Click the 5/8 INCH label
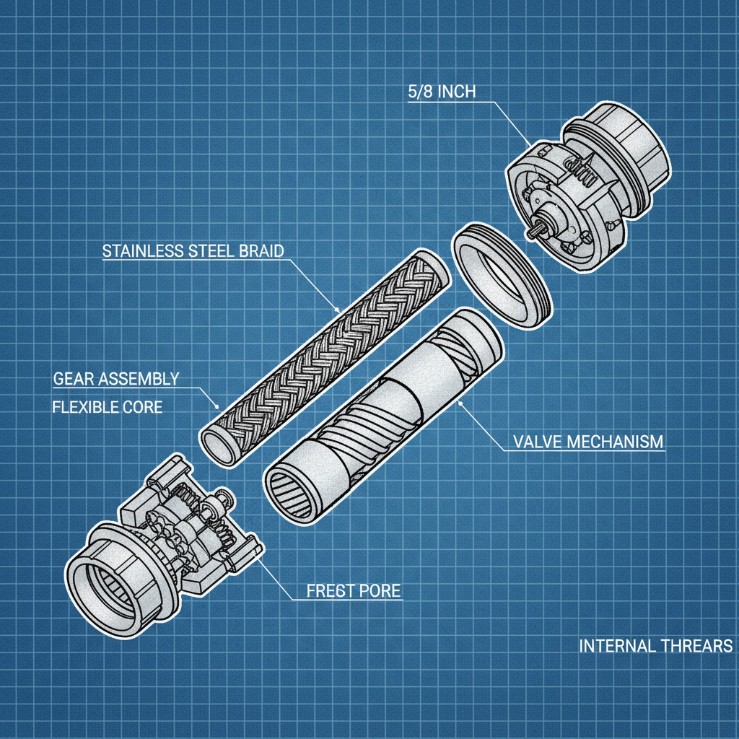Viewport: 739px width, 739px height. pyautogui.click(x=442, y=92)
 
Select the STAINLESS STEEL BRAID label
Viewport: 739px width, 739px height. pyautogui.click(x=193, y=251)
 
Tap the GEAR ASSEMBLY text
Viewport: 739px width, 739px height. pyautogui.click(x=116, y=378)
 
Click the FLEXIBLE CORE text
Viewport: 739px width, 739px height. pyautogui.click(x=108, y=407)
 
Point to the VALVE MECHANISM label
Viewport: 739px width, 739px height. pyautogui.click(x=587, y=441)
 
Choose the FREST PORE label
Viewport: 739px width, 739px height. pyautogui.click(x=353, y=591)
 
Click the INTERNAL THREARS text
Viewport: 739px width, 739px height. pyautogui.click(x=655, y=645)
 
